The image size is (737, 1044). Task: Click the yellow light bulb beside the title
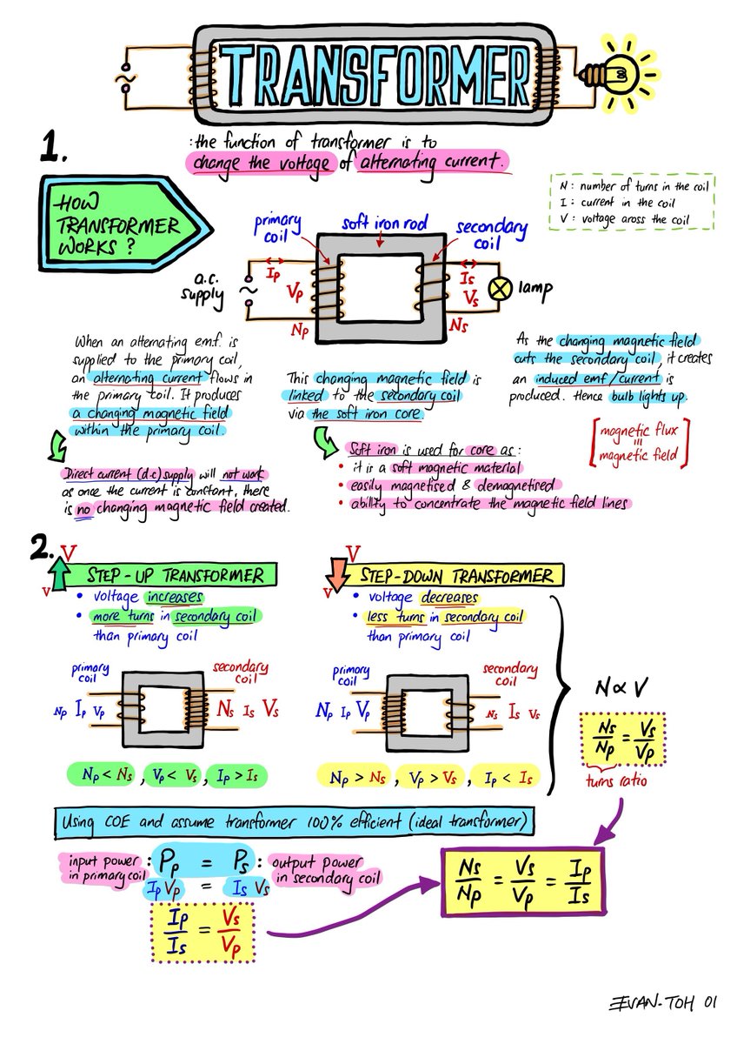pos(618,75)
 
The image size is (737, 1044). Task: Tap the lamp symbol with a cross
pos(500,289)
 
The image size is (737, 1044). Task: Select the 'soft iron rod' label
pos(384,223)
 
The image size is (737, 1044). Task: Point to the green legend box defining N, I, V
pos(632,202)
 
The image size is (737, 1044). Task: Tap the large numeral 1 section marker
pos(53,147)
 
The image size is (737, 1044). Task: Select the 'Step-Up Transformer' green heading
pos(173,575)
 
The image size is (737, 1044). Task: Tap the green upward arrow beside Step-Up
pos(58,574)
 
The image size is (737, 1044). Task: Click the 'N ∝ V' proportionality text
pos(621,687)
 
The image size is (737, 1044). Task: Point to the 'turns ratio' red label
pos(616,780)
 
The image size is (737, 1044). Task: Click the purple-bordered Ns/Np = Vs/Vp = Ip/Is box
pos(523,882)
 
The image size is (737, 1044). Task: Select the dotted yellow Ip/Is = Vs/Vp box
pos(203,932)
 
